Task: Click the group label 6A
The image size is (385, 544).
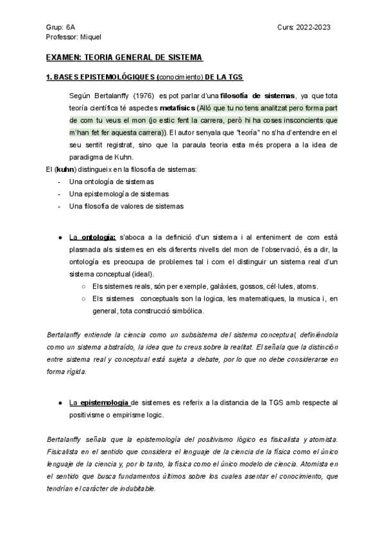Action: pyautogui.click(x=70, y=28)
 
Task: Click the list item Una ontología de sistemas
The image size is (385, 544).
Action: pyautogui.click(x=108, y=182)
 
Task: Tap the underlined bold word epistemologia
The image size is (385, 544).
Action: pyautogui.click(x=105, y=402)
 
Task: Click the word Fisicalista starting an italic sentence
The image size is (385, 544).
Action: pyautogui.click(x=66, y=452)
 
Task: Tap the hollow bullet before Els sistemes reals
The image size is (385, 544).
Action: pyautogui.click(x=84, y=287)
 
